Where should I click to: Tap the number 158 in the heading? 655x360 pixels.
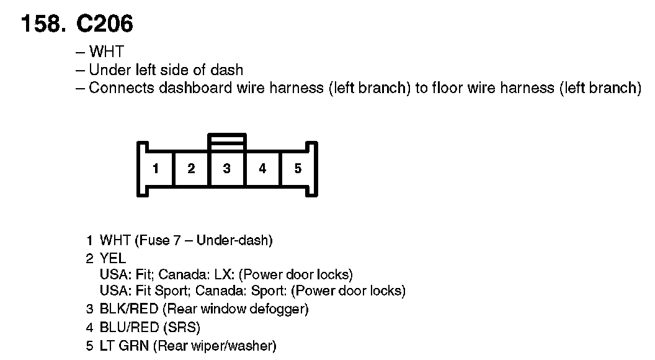42,24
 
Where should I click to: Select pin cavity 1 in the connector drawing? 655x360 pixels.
156,168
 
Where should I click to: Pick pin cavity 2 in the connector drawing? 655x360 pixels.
191,168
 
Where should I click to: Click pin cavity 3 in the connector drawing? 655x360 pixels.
227,168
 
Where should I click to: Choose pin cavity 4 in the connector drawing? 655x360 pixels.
262,168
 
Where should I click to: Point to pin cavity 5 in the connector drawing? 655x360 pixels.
298,168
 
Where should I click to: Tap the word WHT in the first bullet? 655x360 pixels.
106,52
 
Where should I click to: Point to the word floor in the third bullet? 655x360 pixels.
445,88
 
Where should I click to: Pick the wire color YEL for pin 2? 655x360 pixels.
113,258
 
